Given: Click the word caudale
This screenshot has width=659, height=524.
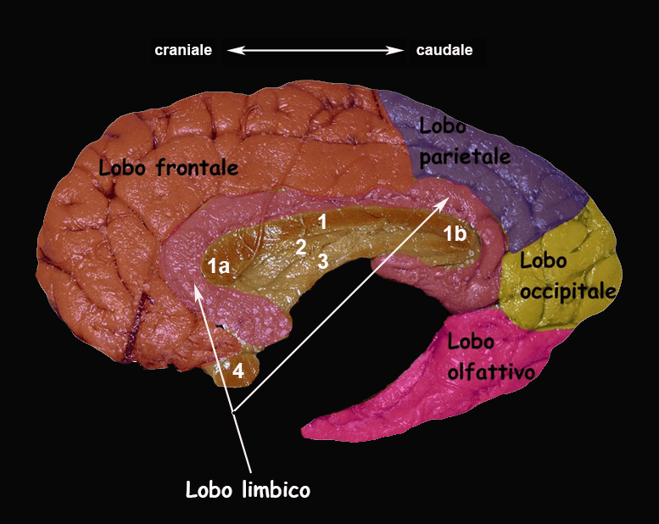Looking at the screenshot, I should pos(444,50).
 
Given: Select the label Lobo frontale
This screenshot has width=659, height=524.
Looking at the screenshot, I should pos(168,167).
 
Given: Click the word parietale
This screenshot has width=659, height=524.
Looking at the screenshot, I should pos(465,157).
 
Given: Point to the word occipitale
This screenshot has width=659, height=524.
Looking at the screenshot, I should pos(567,291).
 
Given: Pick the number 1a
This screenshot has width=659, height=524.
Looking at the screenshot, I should pos(218,266).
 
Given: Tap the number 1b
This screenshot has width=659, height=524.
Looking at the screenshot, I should pos(455,235).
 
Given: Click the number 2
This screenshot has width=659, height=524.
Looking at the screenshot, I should pos(300,248).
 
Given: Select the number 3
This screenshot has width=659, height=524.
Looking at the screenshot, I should pos(322,261).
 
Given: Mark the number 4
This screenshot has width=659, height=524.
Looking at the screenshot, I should pos(238,371).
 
